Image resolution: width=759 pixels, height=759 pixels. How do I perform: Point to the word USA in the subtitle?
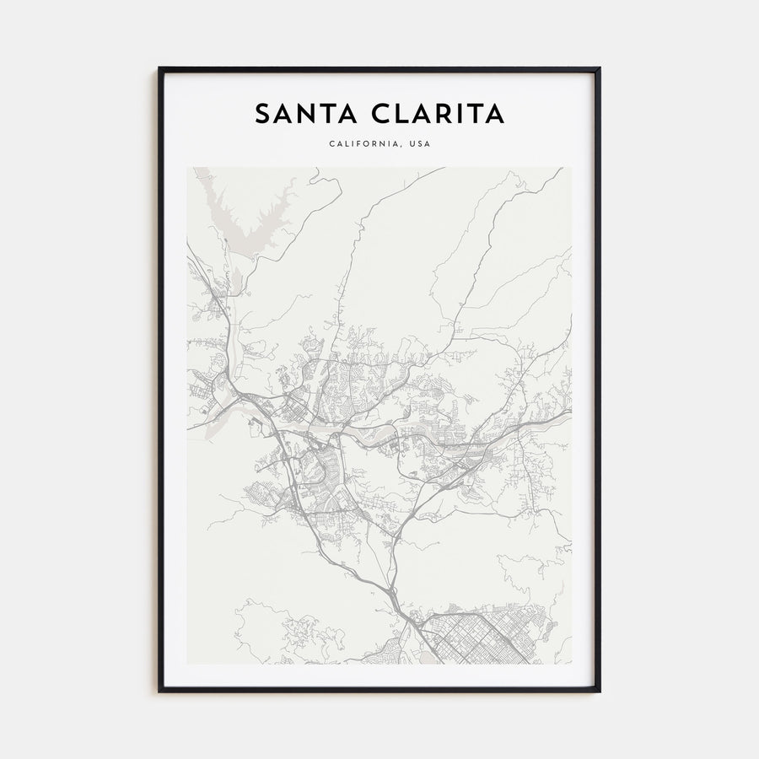click(x=419, y=144)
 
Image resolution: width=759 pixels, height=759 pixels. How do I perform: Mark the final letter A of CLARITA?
click(x=496, y=114)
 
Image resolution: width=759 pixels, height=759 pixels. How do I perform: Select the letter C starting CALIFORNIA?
click(x=332, y=144)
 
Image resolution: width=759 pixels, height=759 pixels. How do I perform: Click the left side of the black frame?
click(x=160, y=379)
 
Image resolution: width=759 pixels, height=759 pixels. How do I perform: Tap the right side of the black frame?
click(x=598, y=379)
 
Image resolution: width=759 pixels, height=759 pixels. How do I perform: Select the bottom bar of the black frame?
click(x=379, y=690)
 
